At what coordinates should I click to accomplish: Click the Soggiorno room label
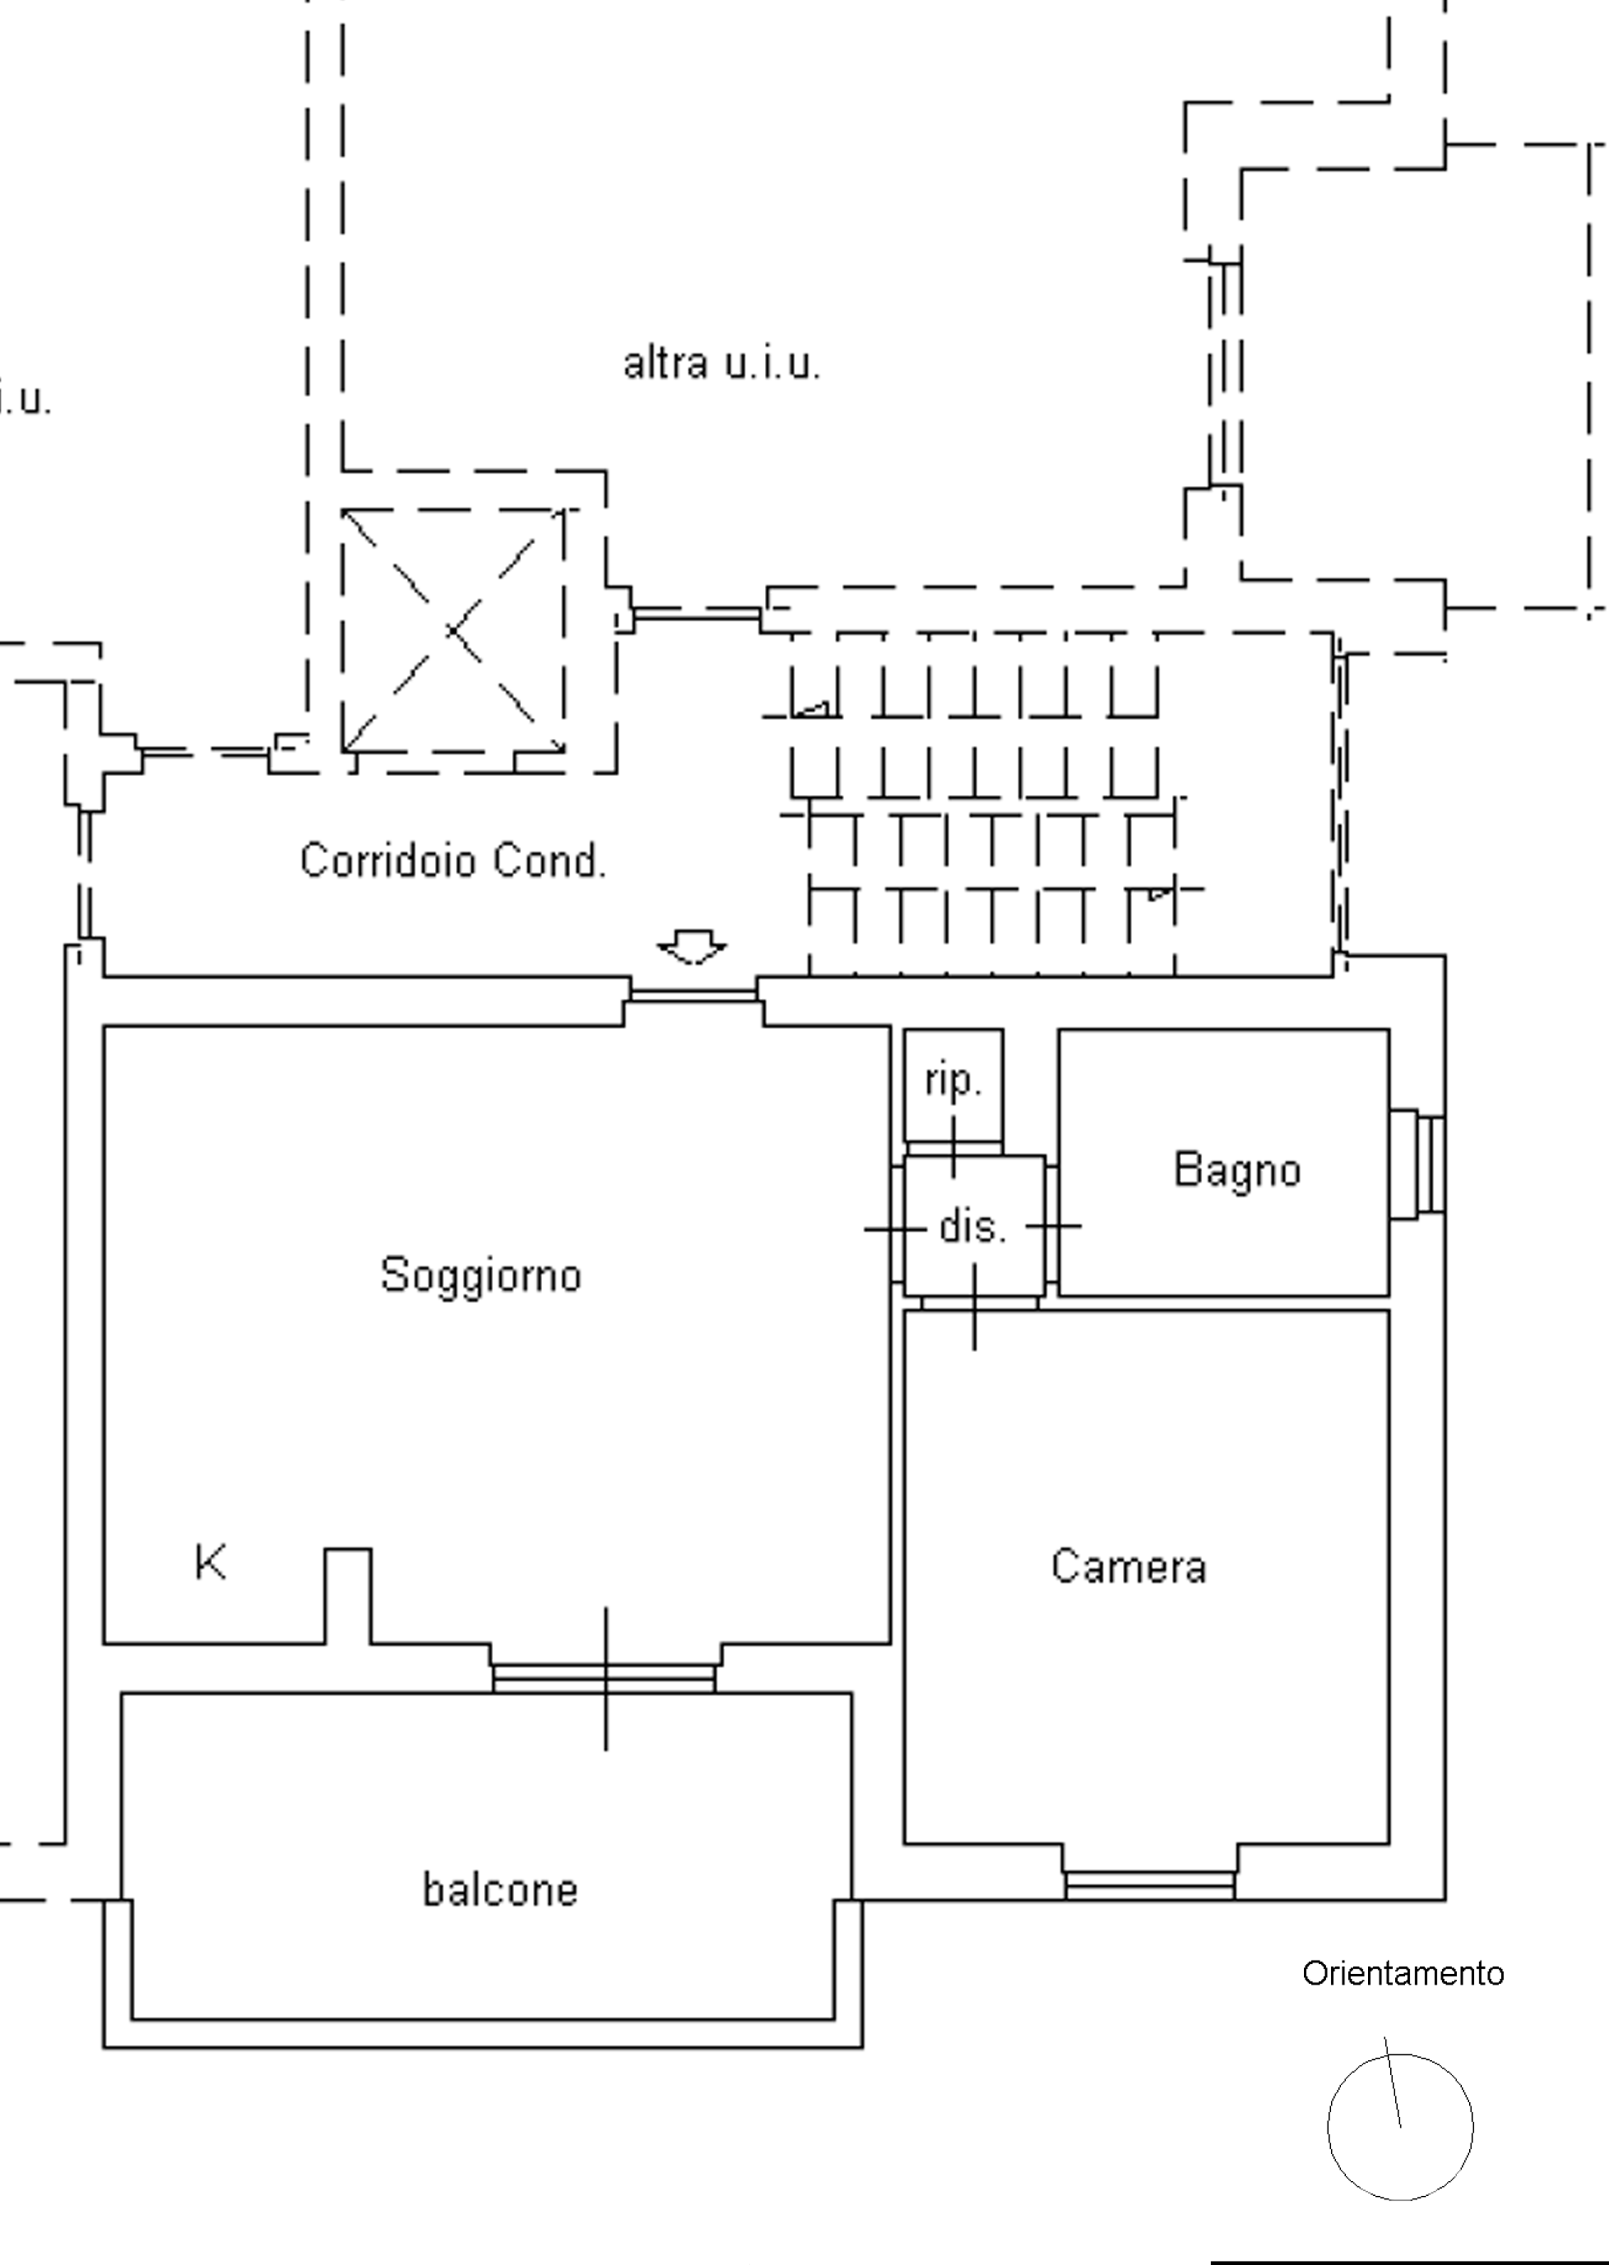[x=481, y=1275]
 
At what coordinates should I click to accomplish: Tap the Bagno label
[x=1236, y=1170]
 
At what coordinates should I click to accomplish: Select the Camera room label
[x=1128, y=1567]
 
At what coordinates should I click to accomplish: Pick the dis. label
[x=972, y=1227]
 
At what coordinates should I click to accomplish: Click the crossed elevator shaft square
[x=453, y=631]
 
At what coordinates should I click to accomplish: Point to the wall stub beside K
[x=348, y=1595]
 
